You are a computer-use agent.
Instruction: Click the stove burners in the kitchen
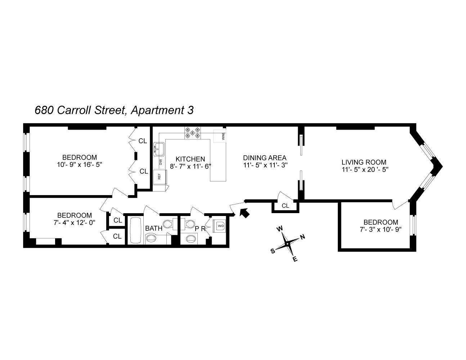click(x=192, y=133)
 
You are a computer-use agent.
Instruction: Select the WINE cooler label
click(x=223, y=136)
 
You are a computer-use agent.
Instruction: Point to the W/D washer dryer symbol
click(x=220, y=226)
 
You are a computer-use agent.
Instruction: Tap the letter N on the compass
click(x=303, y=237)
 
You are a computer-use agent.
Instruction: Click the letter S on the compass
click(x=273, y=251)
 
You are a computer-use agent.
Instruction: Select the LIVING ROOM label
click(x=364, y=162)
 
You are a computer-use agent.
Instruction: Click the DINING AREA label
click(x=265, y=158)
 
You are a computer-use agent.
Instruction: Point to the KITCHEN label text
click(x=190, y=159)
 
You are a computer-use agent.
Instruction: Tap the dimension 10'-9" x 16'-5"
click(x=80, y=165)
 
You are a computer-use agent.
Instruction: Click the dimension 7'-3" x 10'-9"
click(x=381, y=229)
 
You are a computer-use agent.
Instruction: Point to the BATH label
click(x=154, y=228)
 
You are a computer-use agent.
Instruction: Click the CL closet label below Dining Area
click(x=285, y=206)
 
